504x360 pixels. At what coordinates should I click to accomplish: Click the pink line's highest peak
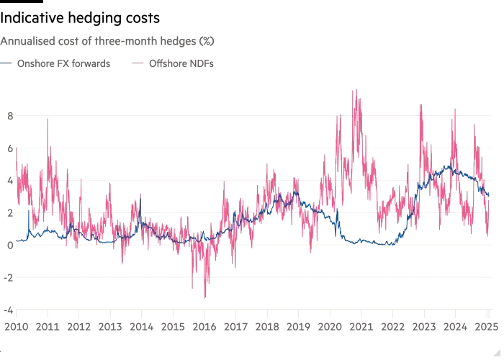[354, 89]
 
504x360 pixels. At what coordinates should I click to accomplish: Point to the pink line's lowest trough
[204, 297]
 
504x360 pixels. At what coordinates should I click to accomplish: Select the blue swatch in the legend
[6, 64]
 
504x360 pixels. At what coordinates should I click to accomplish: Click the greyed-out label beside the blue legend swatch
[65, 64]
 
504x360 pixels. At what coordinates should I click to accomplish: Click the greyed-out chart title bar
[108, 40]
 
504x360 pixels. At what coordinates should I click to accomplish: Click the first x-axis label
[15, 328]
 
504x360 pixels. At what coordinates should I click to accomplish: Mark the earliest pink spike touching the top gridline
[48, 118]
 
